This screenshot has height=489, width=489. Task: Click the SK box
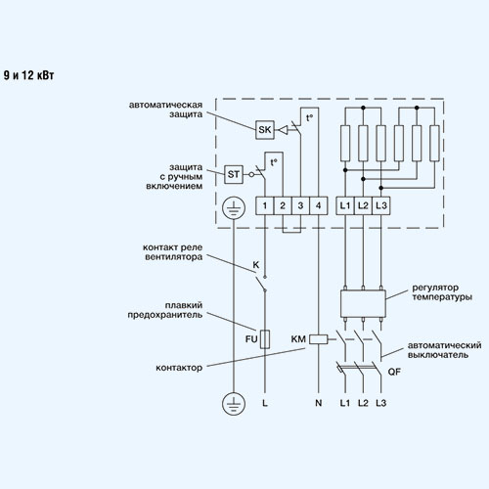click(265, 130)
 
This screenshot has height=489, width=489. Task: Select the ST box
click(234, 174)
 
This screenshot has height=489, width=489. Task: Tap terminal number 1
click(264, 205)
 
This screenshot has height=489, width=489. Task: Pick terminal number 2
click(283, 205)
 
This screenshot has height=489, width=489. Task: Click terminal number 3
click(300, 205)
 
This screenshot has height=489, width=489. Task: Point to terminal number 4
click(319, 205)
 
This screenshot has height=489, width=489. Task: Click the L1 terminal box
click(345, 205)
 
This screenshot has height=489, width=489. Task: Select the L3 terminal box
click(381, 205)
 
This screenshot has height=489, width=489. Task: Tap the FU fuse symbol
click(265, 339)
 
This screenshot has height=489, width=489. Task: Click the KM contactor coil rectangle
click(319, 339)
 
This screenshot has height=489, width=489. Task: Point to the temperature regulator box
click(363, 303)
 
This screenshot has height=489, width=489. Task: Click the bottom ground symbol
click(234, 404)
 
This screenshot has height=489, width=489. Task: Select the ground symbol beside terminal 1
click(234, 207)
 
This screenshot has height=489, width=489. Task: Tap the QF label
click(394, 372)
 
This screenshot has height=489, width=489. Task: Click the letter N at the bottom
click(319, 403)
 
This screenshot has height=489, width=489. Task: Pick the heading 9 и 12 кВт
click(28, 75)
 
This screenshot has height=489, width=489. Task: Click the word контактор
click(179, 368)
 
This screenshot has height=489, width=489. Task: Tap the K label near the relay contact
click(256, 265)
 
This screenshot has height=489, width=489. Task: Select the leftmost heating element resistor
click(345, 144)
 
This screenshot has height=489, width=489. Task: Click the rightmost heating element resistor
click(434, 144)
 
